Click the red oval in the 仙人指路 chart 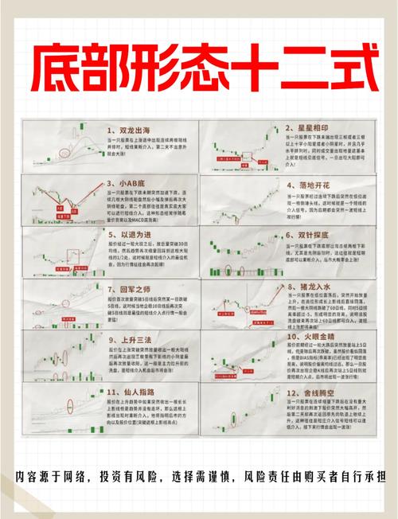[70, 402]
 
